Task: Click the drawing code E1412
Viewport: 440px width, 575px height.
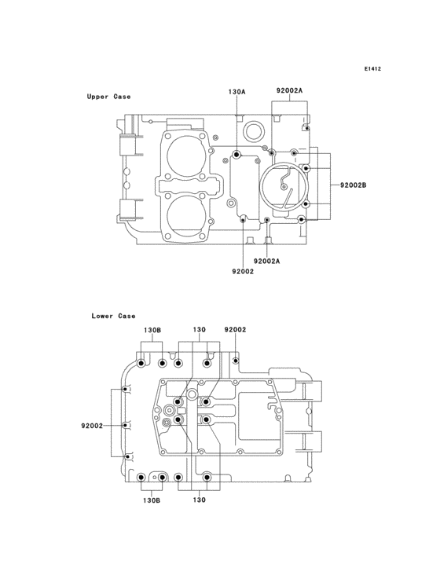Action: (x=372, y=68)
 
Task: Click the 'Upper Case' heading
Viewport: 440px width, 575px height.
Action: (x=108, y=97)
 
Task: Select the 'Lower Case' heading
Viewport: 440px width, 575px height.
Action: (x=113, y=316)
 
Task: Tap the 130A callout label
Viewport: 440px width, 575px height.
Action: (x=236, y=92)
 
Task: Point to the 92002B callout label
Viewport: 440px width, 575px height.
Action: (x=353, y=185)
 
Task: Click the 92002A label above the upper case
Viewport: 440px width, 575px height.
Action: (x=289, y=90)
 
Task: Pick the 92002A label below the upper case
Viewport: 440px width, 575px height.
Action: (x=267, y=261)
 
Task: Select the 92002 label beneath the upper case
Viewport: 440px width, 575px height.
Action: (x=243, y=271)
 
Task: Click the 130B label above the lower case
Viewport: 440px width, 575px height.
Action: (x=152, y=330)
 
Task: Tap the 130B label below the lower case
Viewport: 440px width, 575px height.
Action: (x=152, y=500)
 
